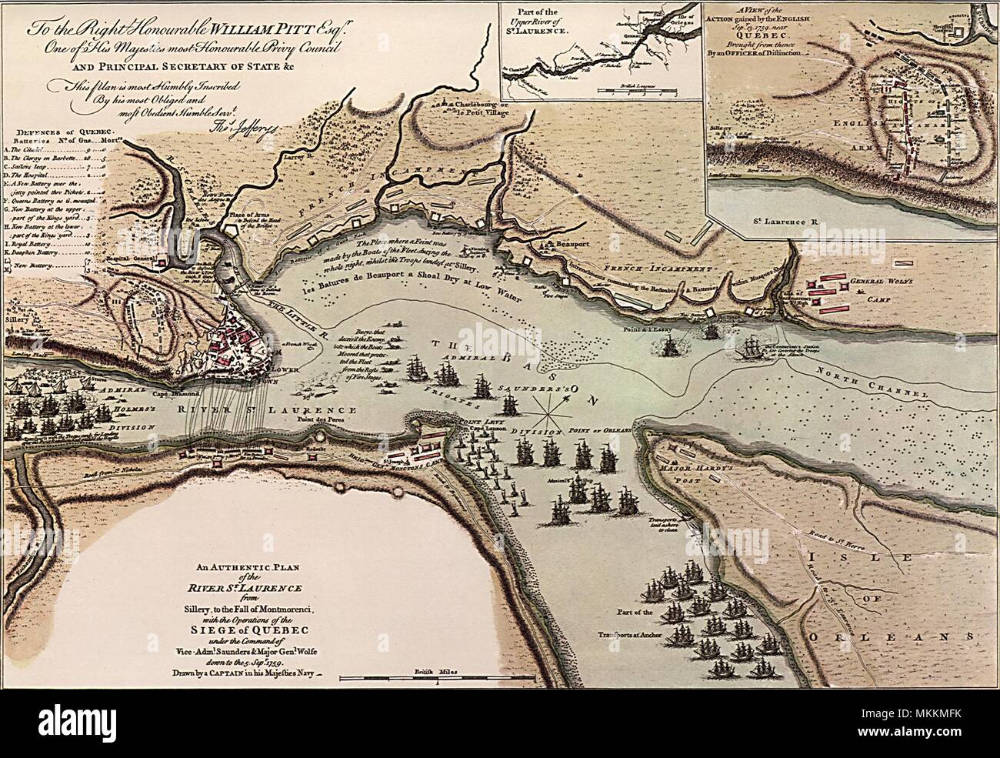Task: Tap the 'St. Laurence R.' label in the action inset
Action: [785, 221]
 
